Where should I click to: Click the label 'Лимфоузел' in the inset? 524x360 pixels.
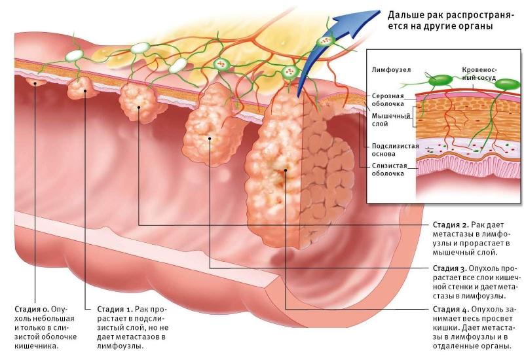(390, 67)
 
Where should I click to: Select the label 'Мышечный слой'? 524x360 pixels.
(381, 118)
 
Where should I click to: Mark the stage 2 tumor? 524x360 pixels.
(141, 103)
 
